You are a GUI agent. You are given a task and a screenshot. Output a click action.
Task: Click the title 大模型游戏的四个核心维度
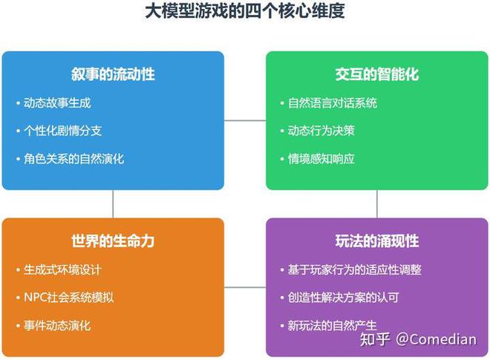click(x=245, y=12)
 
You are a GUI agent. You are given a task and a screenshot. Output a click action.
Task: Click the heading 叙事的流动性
click(x=113, y=74)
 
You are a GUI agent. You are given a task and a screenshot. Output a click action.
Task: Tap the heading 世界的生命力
click(x=113, y=241)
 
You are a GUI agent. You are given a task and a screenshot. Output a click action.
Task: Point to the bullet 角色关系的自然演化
click(x=74, y=158)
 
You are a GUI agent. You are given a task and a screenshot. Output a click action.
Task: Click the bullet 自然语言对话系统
click(x=333, y=103)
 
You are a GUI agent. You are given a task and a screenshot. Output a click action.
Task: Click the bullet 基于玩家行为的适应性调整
click(x=354, y=269)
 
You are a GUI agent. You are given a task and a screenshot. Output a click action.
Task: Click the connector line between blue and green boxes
click(x=245, y=120)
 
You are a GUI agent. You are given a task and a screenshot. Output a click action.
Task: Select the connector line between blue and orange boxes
click(x=113, y=203)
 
